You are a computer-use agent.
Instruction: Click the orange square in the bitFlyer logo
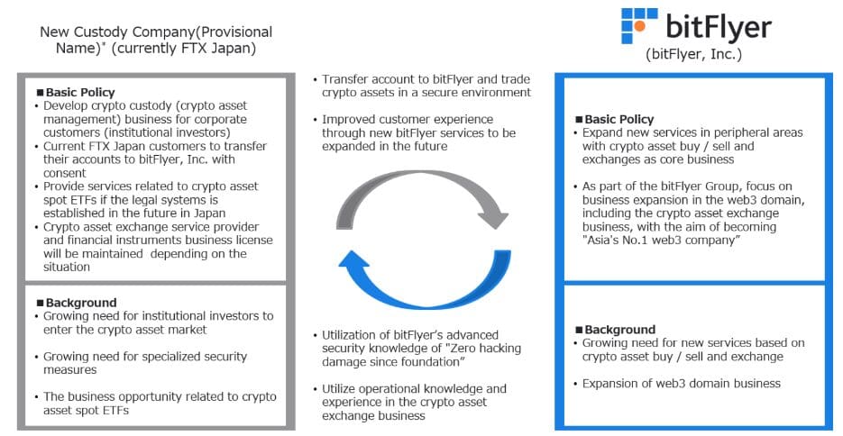pyautogui.click(x=639, y=25)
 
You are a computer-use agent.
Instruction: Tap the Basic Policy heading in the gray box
pyautogui.click(x=76, y=93)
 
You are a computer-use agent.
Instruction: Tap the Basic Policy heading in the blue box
pyautogui.click(x=615, y=119)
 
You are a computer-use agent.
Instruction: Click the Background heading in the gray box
pyautogui.click(x=77, y=303)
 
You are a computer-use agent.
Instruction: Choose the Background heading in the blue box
pyautogui.click(x=615, y=330)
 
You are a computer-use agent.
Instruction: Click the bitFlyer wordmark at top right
pyautogui.click(x=719, y=27)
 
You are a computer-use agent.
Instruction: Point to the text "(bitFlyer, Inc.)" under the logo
pyautogui.click(x=693, y=54)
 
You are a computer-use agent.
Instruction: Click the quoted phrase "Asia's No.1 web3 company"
pyautogui.click(x=661, y=240)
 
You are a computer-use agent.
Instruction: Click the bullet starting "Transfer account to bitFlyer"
pyautogui.click(x=422, y=86)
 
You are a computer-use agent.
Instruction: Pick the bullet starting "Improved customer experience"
pyautogui.click(x=415, y=132)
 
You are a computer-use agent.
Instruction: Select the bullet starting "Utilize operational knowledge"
pyautogui.click(x=409, y=402)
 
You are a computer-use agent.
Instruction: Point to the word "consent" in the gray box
pyautogui.click(x=65, y=173)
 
